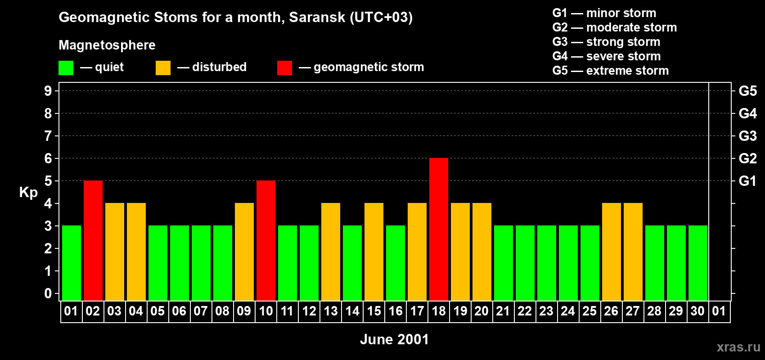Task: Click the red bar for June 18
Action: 439,229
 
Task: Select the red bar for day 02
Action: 93,241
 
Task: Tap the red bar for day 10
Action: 266,241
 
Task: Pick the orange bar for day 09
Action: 244,252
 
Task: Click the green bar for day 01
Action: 72,263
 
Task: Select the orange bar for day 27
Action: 633,252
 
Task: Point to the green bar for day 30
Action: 698,263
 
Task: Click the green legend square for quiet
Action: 66,68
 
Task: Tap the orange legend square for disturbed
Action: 163,68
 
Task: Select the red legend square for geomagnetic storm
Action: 284,68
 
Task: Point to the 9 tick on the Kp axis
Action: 48,91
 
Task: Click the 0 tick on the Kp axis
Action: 48,294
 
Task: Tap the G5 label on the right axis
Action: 747,91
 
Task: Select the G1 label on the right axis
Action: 747,181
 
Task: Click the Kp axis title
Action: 28,192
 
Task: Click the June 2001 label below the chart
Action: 394,339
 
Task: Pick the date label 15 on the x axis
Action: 374,311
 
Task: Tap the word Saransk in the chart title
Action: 317,17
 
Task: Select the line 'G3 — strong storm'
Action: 606,42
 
